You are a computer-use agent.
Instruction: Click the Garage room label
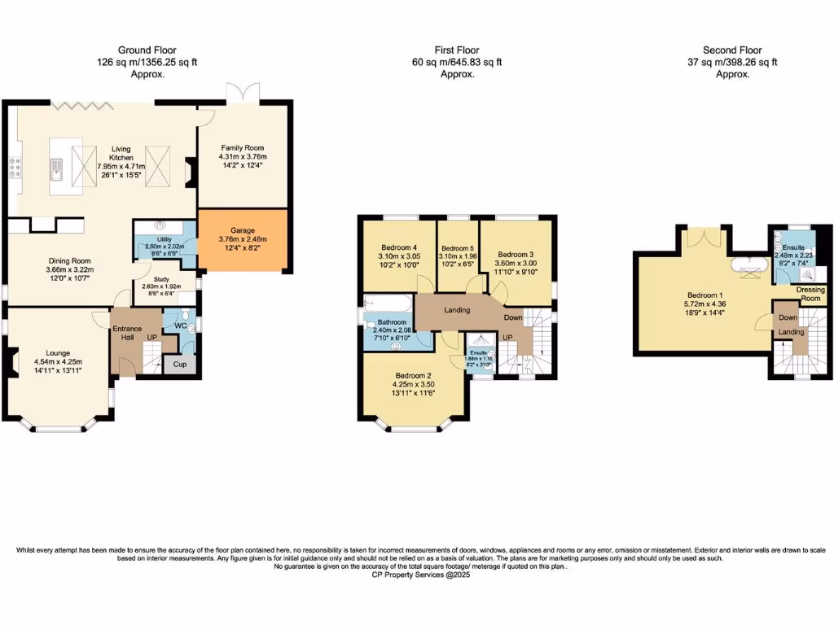[x=242, y=230]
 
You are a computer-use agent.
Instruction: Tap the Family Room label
[x=244, y=147]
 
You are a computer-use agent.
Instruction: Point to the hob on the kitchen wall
[x=15, y=167]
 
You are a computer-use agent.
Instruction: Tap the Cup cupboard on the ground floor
[x=179, y=364]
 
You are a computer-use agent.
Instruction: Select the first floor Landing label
[x=457, y=310]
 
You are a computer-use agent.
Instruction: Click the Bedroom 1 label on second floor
[x=705, y=297]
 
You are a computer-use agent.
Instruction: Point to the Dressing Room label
[x=810, y=294]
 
